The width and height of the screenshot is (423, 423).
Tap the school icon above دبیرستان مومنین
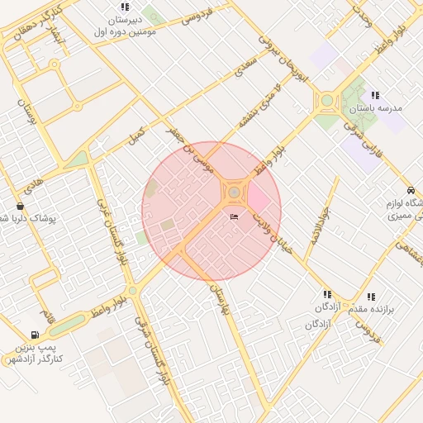tap(125, 7)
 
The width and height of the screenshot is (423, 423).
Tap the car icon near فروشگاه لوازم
tap(411, 190)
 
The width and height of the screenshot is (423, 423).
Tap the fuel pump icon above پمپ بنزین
tap(34, 335)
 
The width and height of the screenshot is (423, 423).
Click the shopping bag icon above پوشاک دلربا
tap(20, 206)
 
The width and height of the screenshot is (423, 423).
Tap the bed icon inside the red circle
tap(234, 216)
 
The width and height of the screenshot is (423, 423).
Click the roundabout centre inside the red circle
tap(234, 192)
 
